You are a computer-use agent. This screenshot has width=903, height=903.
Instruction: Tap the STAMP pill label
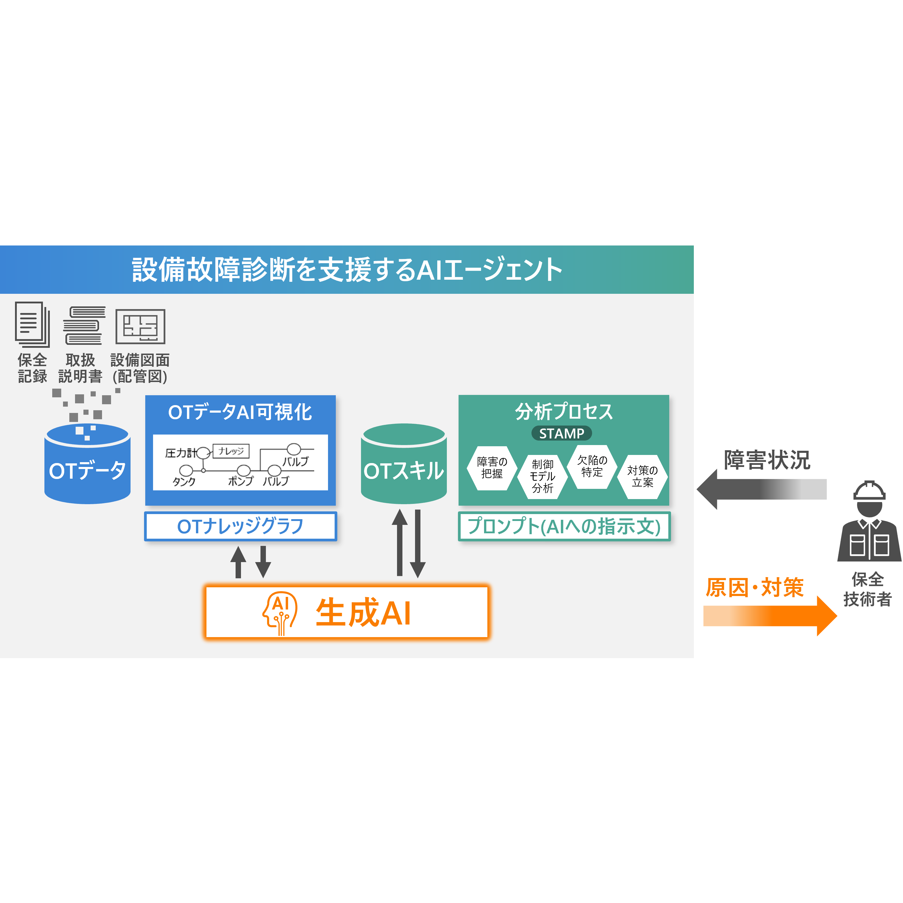pos(561,433)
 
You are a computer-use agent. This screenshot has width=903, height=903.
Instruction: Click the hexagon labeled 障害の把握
pos(492,468)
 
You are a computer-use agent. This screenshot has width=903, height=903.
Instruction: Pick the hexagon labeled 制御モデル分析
pos(542,476)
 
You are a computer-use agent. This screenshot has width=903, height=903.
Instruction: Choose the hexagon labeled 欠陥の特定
pos(592,466)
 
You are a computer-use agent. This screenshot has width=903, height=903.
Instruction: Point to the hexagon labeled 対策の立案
pos(642,476)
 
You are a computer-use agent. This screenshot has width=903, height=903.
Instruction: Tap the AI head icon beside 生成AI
pos(280,613)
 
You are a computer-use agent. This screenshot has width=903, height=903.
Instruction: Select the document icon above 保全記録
pos(32,324)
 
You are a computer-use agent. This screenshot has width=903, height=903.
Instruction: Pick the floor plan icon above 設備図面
pos(140,326)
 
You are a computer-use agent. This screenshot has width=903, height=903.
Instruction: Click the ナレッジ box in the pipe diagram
pos(231,451)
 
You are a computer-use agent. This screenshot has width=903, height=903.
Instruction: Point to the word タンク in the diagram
pos(184,481)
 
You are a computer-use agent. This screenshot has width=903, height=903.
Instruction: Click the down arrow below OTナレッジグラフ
pos(263,561)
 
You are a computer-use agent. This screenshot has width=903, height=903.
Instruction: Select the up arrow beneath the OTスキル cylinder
pos(400,542)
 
